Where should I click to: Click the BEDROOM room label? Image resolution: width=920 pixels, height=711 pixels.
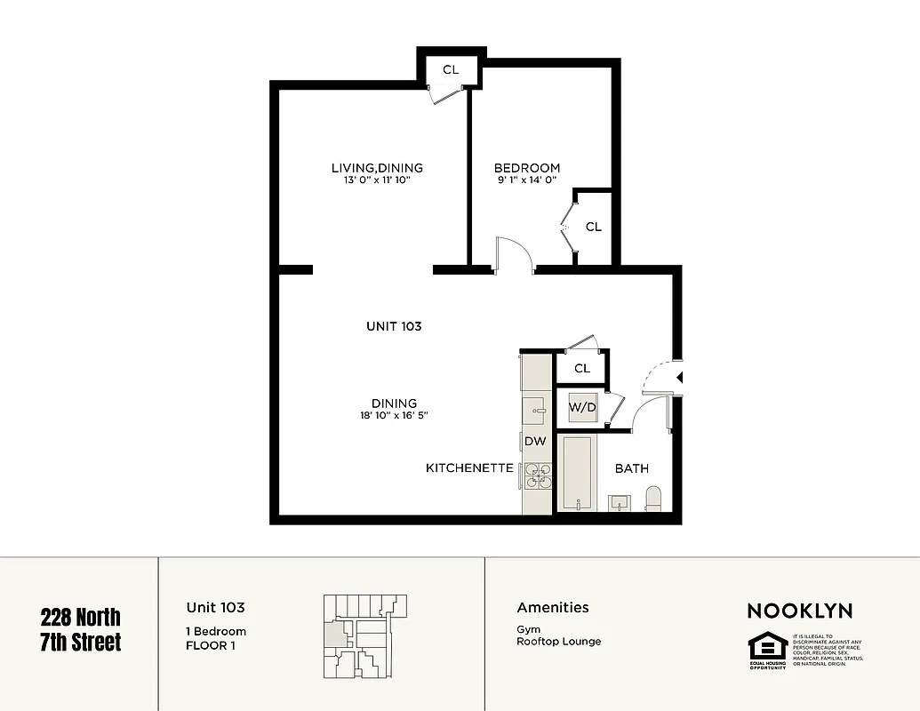(x=527, y=167)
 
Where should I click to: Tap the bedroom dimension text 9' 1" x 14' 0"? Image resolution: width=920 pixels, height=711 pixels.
(x=527, y=180)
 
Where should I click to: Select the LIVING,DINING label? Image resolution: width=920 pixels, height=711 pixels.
(x=377, y=167)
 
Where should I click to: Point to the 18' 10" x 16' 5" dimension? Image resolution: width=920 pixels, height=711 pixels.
(x=395, y=415)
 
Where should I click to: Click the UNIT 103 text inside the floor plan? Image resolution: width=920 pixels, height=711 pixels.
(x=394, y=326)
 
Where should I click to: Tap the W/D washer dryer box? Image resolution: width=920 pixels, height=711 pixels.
(x=582, y=408)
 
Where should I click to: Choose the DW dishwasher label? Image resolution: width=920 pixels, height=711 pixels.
(x=535, y=441)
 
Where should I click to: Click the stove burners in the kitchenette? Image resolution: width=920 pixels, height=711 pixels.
(x=537, y=476)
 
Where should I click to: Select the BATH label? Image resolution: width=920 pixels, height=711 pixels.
(x=631, y=468)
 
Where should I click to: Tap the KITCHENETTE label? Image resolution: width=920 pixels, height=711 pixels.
(x=469, y=467)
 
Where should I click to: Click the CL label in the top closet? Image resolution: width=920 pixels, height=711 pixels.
(x=451, y=69)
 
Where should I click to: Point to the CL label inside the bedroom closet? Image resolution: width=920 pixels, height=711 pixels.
(x=594, y=227)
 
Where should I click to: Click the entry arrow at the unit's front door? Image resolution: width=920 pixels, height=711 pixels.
(x=680, y=378)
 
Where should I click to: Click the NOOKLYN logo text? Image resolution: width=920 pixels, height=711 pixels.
(x=799, y=611)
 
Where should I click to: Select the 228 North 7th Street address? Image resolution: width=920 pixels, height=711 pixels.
(x=81, y=629)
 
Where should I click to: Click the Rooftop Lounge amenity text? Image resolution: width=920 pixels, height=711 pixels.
(x=558, y=641)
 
